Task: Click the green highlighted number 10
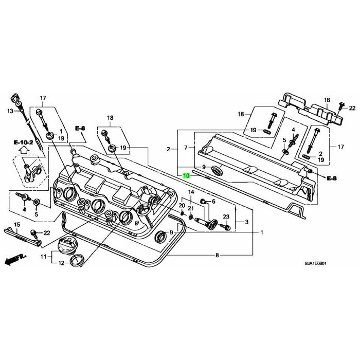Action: point(186,175)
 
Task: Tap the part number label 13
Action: point(10,111)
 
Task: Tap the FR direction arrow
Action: point(13,261)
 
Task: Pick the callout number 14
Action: point(191,192)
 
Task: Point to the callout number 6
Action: point(214,201)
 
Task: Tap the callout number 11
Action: point(44,256)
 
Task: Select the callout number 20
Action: point(181,205)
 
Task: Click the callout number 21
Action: point(191,208)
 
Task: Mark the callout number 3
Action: point(246,222)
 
